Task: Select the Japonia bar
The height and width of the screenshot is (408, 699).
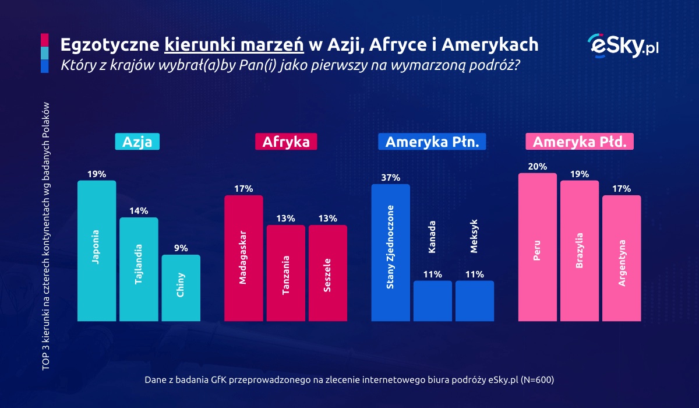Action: point(97,251)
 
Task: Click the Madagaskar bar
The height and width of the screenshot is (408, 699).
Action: point(243,258)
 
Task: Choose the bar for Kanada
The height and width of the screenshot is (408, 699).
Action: point(432,300)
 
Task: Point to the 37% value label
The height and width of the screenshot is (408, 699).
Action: point(390,178)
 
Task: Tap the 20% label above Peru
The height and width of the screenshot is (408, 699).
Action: point(537,167)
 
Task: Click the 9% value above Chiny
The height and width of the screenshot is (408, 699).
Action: point(181,248)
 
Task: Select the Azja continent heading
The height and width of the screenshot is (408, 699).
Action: point(137,142)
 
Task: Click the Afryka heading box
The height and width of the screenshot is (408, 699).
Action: point(285,142)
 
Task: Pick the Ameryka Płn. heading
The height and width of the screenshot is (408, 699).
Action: point(432,142)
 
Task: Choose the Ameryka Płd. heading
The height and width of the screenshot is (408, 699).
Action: point(580,142)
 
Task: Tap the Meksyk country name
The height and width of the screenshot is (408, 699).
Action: point(474,237)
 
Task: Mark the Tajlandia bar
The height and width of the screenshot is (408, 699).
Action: point(139,269)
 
